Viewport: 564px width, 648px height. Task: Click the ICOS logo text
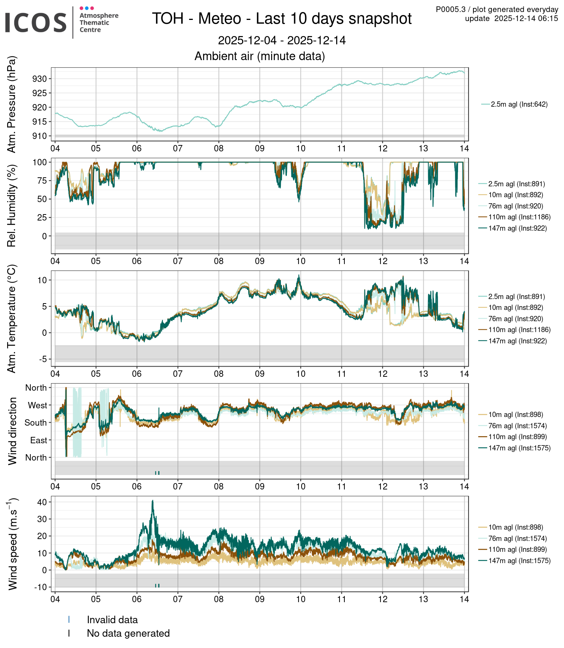pos(36,23)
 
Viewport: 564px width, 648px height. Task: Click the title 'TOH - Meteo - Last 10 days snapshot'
pos(282,19)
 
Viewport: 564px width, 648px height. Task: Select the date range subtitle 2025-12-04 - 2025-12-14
pos(282,41)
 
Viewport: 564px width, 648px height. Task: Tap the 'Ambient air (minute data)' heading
pos(259,56)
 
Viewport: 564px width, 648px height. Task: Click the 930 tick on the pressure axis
pos(39,79)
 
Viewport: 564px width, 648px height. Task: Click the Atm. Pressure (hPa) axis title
pos(12,104)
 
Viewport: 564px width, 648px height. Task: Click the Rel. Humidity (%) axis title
pos(12,206)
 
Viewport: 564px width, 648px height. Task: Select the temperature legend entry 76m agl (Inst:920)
pos(515,319)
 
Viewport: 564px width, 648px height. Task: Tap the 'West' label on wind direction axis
pos(37,405)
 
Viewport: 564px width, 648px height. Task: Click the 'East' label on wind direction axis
pos(38,440)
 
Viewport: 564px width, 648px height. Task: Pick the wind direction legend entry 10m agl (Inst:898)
pos(515,415)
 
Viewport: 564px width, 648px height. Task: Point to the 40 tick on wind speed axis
pos(42,502)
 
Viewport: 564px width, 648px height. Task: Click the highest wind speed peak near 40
pos(153,501)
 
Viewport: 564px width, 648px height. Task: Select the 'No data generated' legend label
pos(128,633)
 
